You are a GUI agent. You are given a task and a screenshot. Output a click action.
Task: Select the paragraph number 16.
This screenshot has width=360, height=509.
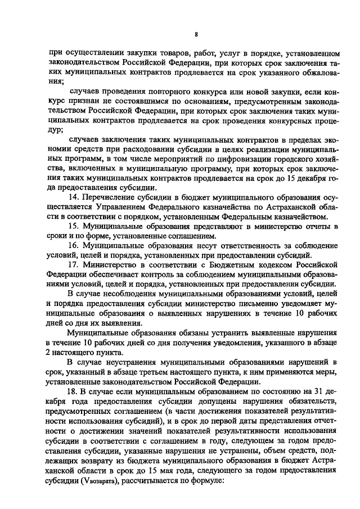point(72,246)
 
